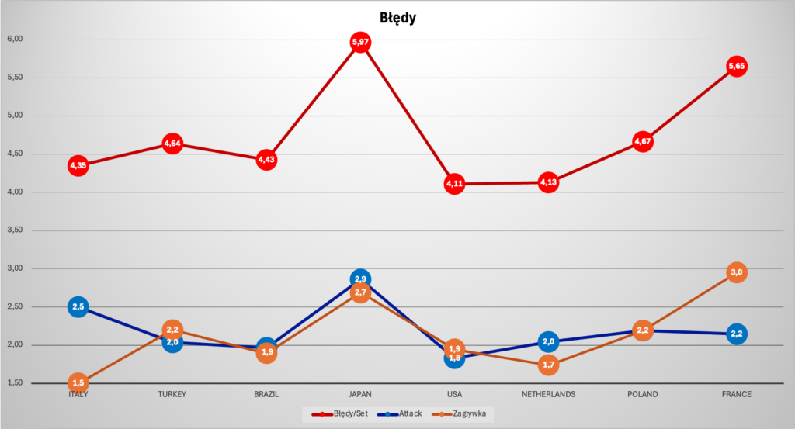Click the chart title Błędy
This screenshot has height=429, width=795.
pos(397,18)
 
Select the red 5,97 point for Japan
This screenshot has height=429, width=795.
pos(360,42)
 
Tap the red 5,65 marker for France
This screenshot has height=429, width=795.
pos(737,67)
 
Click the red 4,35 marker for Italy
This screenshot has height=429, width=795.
pos(78,165)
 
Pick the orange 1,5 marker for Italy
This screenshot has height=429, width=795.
pos(78,382)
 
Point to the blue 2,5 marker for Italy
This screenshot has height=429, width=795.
pos(78,307)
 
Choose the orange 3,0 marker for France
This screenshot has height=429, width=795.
pos(737,272)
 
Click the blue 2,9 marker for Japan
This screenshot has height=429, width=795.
pos(360,279)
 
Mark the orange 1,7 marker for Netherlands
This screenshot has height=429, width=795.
pos(548,365)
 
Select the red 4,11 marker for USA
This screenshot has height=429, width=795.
pos(454,184)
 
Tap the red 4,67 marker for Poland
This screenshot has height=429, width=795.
pos(642,141)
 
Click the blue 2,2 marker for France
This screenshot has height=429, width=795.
pos(737,334)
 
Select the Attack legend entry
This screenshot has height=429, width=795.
pos(405,413)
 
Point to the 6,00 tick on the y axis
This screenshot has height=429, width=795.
pos(16,39)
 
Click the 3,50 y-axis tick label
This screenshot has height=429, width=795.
pos(16,230)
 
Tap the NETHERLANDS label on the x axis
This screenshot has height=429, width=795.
pos(548,394)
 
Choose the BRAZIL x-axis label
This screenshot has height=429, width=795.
pos(266,394)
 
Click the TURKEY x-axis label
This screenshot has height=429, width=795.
pos(172,394)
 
